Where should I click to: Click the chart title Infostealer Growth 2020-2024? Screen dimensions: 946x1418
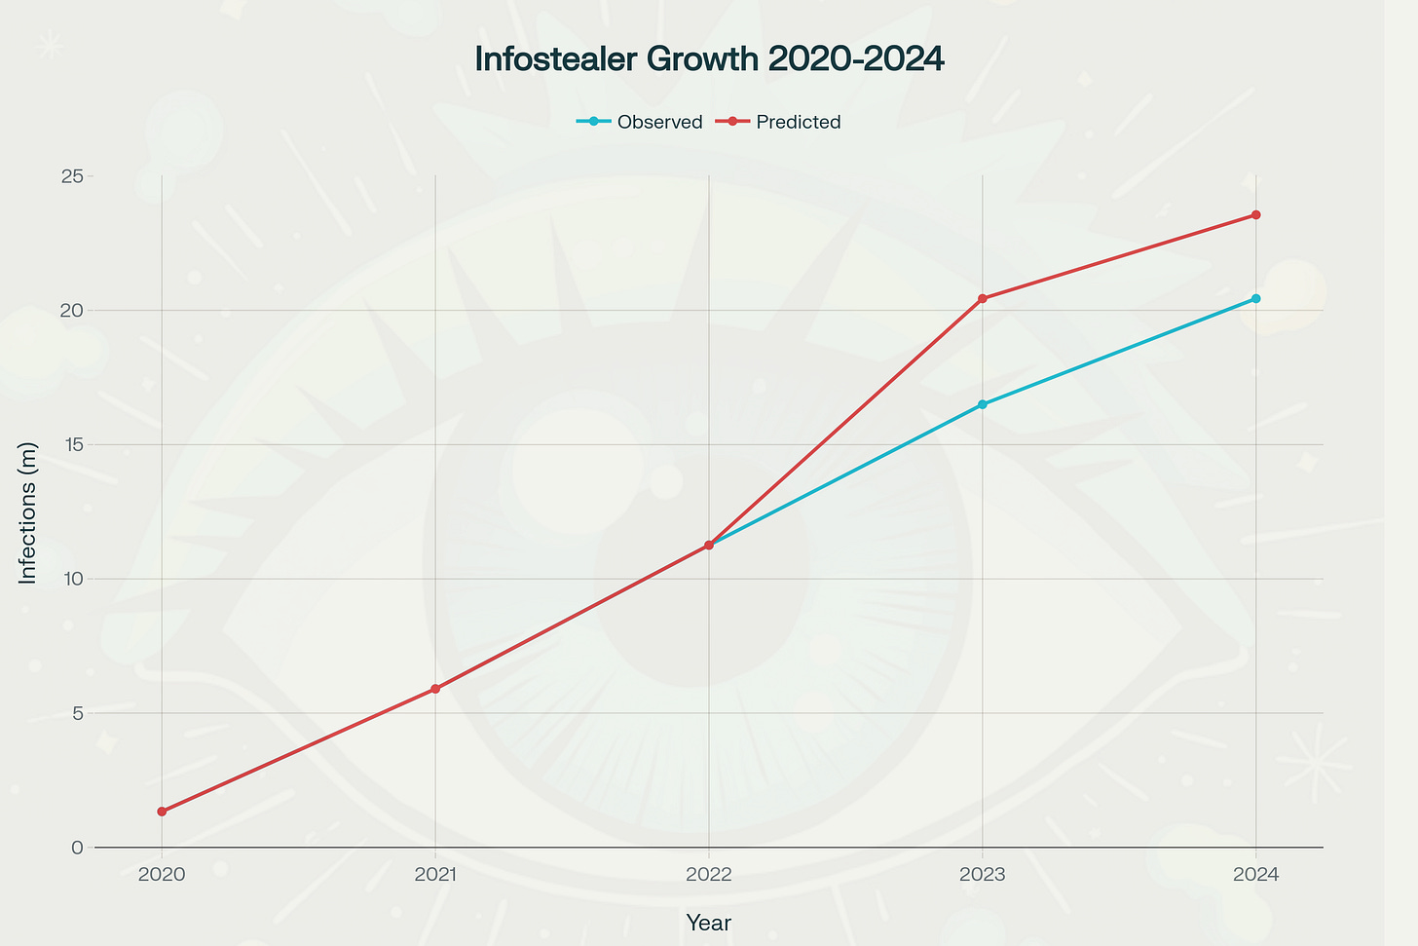click(709, 59)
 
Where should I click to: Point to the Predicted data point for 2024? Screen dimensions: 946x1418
click(1255, 214)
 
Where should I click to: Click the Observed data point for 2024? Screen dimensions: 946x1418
click(1255, 298)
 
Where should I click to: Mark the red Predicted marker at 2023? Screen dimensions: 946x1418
click(982, 298)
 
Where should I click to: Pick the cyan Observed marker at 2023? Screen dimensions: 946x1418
click(982, 404)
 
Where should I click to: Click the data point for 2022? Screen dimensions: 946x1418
click(709, 545)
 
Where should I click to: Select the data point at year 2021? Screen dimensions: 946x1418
click(435, 689)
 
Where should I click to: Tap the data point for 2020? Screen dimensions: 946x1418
click(162, 812)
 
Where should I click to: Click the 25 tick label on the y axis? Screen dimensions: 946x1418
click(70, 176)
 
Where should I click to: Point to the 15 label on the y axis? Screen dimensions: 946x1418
click(70, 445)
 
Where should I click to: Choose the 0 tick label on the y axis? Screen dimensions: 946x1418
click(76, 848)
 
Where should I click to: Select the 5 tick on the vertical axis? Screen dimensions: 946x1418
click(76, 713)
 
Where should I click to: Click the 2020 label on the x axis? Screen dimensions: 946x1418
click(162, 875)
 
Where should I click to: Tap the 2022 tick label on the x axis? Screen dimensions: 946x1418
click(709, 875)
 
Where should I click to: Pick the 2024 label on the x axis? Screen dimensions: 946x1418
click(1255, 875)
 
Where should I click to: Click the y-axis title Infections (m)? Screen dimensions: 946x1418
click(28, 511)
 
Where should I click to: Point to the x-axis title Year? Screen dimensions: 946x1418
click(708, 923)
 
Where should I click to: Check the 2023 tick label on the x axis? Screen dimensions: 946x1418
click(982, 875)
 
